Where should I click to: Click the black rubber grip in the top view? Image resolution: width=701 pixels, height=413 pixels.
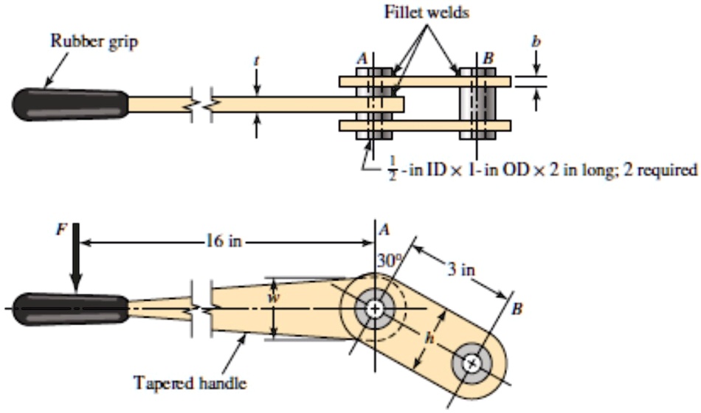pos(70,105)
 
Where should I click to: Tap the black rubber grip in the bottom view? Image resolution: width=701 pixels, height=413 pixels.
pos(70,308)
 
